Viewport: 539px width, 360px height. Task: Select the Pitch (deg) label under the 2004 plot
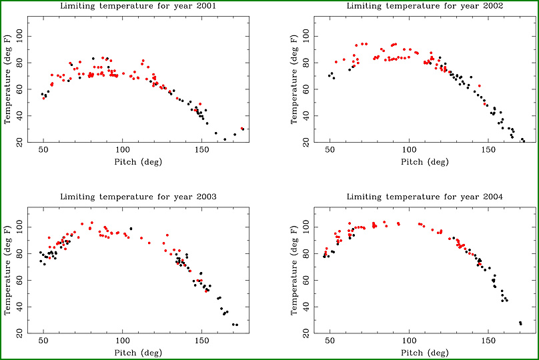click(423, 352)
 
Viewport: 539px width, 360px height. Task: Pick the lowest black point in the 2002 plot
click(524, 141)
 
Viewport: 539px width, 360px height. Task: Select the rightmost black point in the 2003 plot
click(237, 325)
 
